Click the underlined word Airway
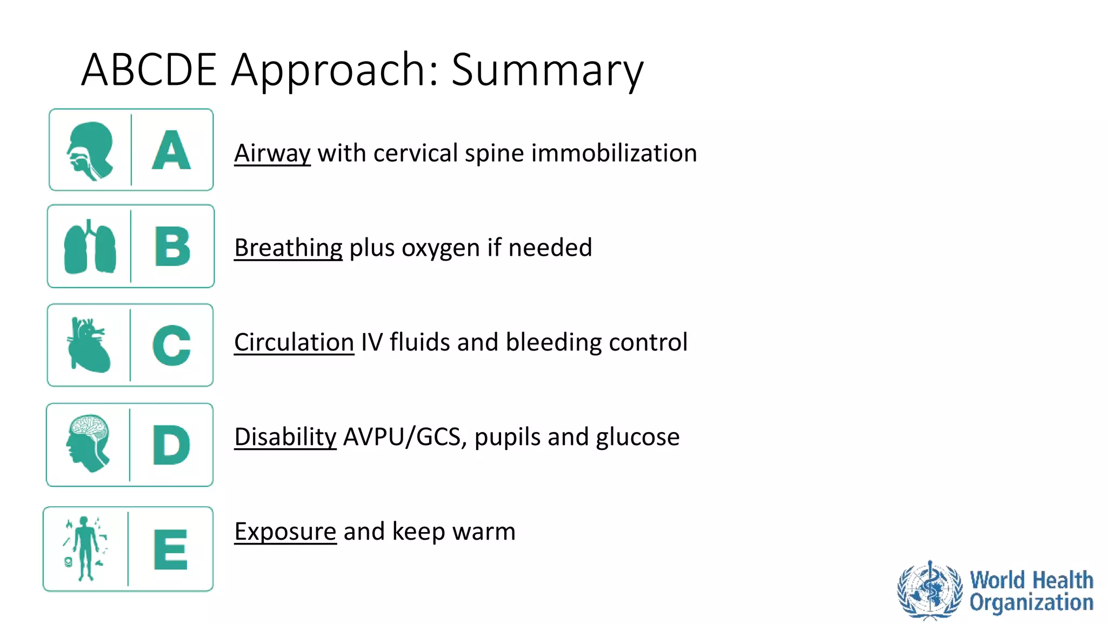[x=272, y=153]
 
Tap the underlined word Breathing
[x=288, y=248]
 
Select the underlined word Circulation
[x=294, y=342]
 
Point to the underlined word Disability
[x=285, y=437]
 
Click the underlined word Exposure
[x=285, y=532]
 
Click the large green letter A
[x=171, y=150]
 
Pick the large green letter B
[x=172, y=247]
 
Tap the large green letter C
[x=171, y=346]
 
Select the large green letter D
[x=171, y=445]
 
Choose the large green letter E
[x=170, y=549]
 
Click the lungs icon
[x=90, y=247]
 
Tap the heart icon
[x=89, y=345]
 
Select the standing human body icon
[x=85, y=548]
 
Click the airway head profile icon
[x=90, y=150]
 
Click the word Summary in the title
[x=547, y=70]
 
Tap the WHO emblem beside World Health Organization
[x=930, y=590]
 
